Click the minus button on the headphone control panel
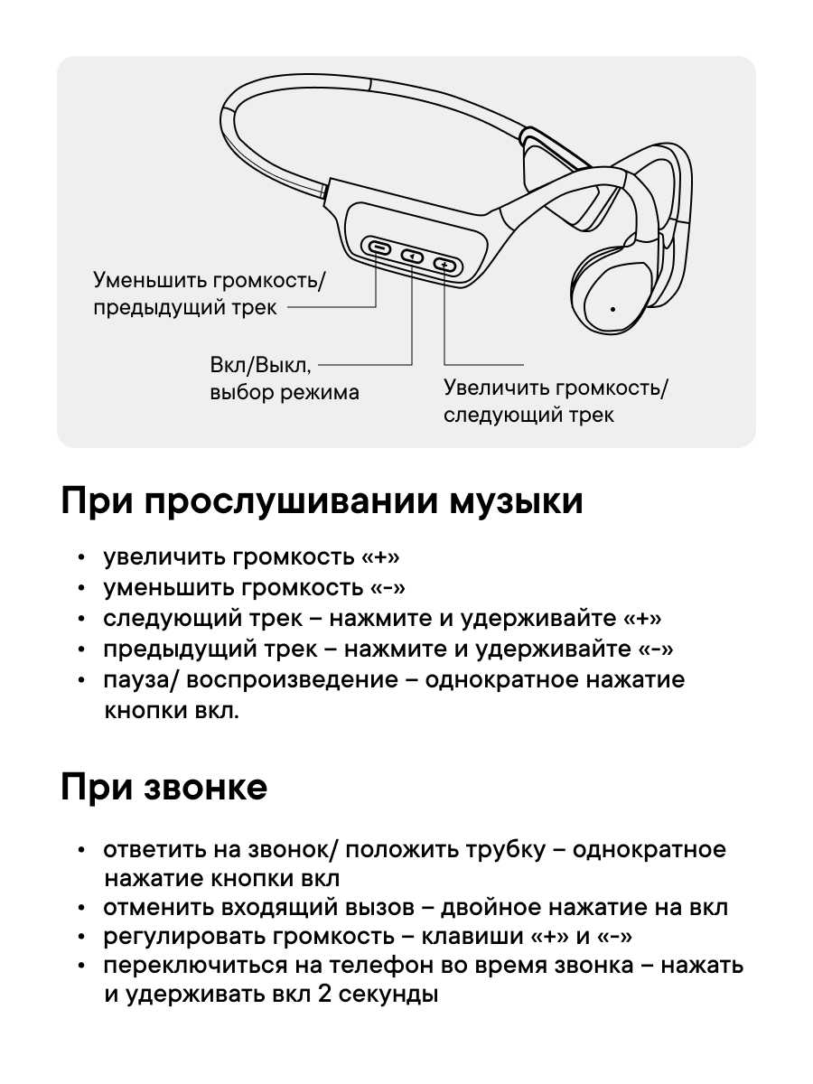click(x=378, y=248)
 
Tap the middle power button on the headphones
click(x=412, y=256)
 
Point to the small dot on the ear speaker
click(x=612, y=309)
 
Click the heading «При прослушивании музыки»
click(x=322, y=501)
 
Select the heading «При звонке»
click(x=164, y=788)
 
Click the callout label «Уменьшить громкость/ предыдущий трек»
click(x=210, y=294)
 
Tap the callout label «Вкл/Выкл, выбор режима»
click(x=284, y=378)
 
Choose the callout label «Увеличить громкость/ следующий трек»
click(x=556, y=401)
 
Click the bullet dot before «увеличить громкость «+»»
click(x=82, y=558)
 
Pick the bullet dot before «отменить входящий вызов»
click(x=82, y=908)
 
